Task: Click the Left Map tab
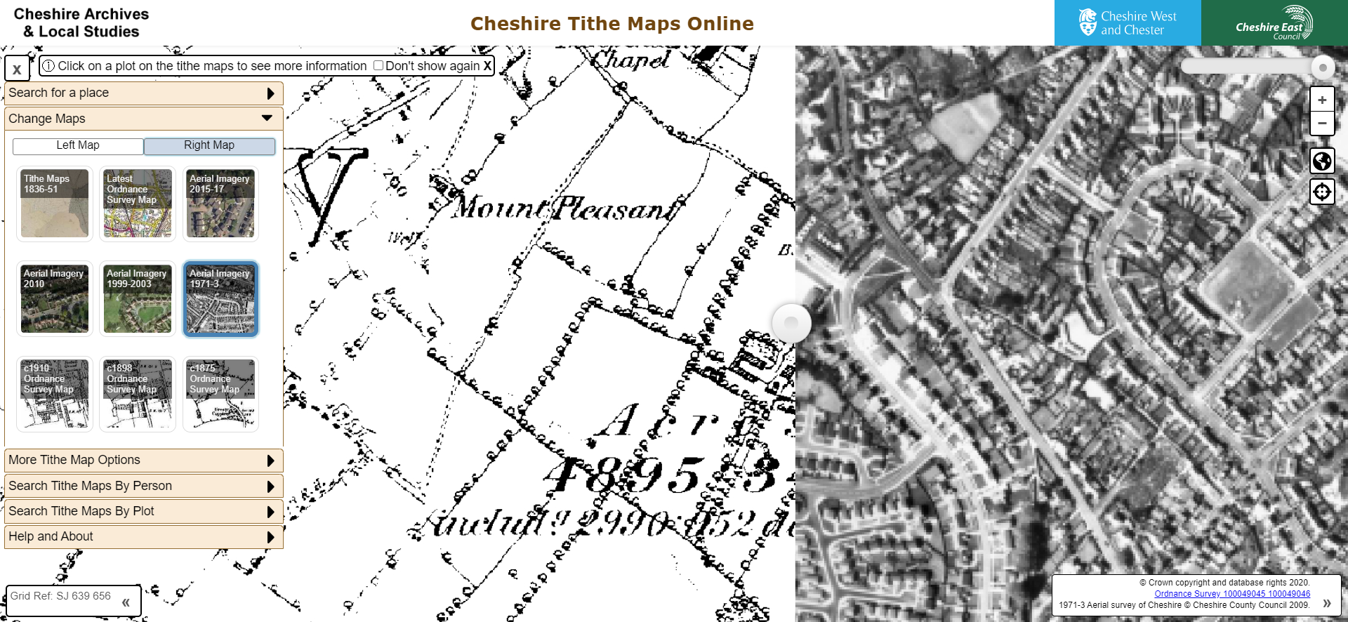coord(78,145)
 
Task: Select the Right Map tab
coord(209,145)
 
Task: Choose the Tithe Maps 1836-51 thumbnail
coord(55,204)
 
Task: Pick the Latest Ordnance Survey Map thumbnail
coord(138,204)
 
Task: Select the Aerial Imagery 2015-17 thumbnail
coord(220,204)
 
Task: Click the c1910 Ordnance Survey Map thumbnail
coord(55,394)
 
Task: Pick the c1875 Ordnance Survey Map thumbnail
coord(220,394)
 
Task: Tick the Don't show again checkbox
coord(378,65)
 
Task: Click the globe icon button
coord(1322,161)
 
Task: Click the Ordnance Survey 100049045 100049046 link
coord(1232,594)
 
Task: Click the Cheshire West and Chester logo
coord(1128,23)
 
